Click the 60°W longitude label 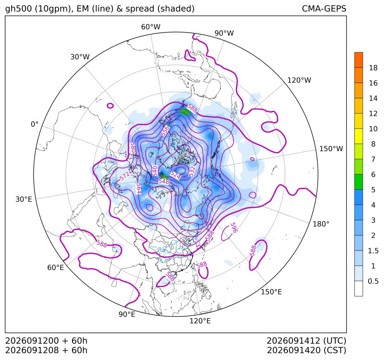tap(150, 27)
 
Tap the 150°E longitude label tap(271, 292)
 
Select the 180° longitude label tap(321, 224)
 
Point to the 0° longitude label tap(34, 124)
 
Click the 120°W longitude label tap(299, 80)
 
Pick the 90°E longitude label tap(127, 314)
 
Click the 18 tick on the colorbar tap(373, 68)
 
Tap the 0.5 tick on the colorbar tap(373, 281)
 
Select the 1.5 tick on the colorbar tap(373, 251)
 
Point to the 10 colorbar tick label tap(373, 129)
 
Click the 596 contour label tap(234, 228)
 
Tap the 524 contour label tap(176, 175)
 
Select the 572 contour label tap(124, 176)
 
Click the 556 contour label tap(165, 131)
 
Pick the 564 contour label tap(139, 188)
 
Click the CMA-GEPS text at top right tap(324, 8)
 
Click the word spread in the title tap(140, 9)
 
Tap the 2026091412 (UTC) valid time tap(306, 341)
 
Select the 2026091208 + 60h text tap(46, 350)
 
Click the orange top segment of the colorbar tap(358, 60)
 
